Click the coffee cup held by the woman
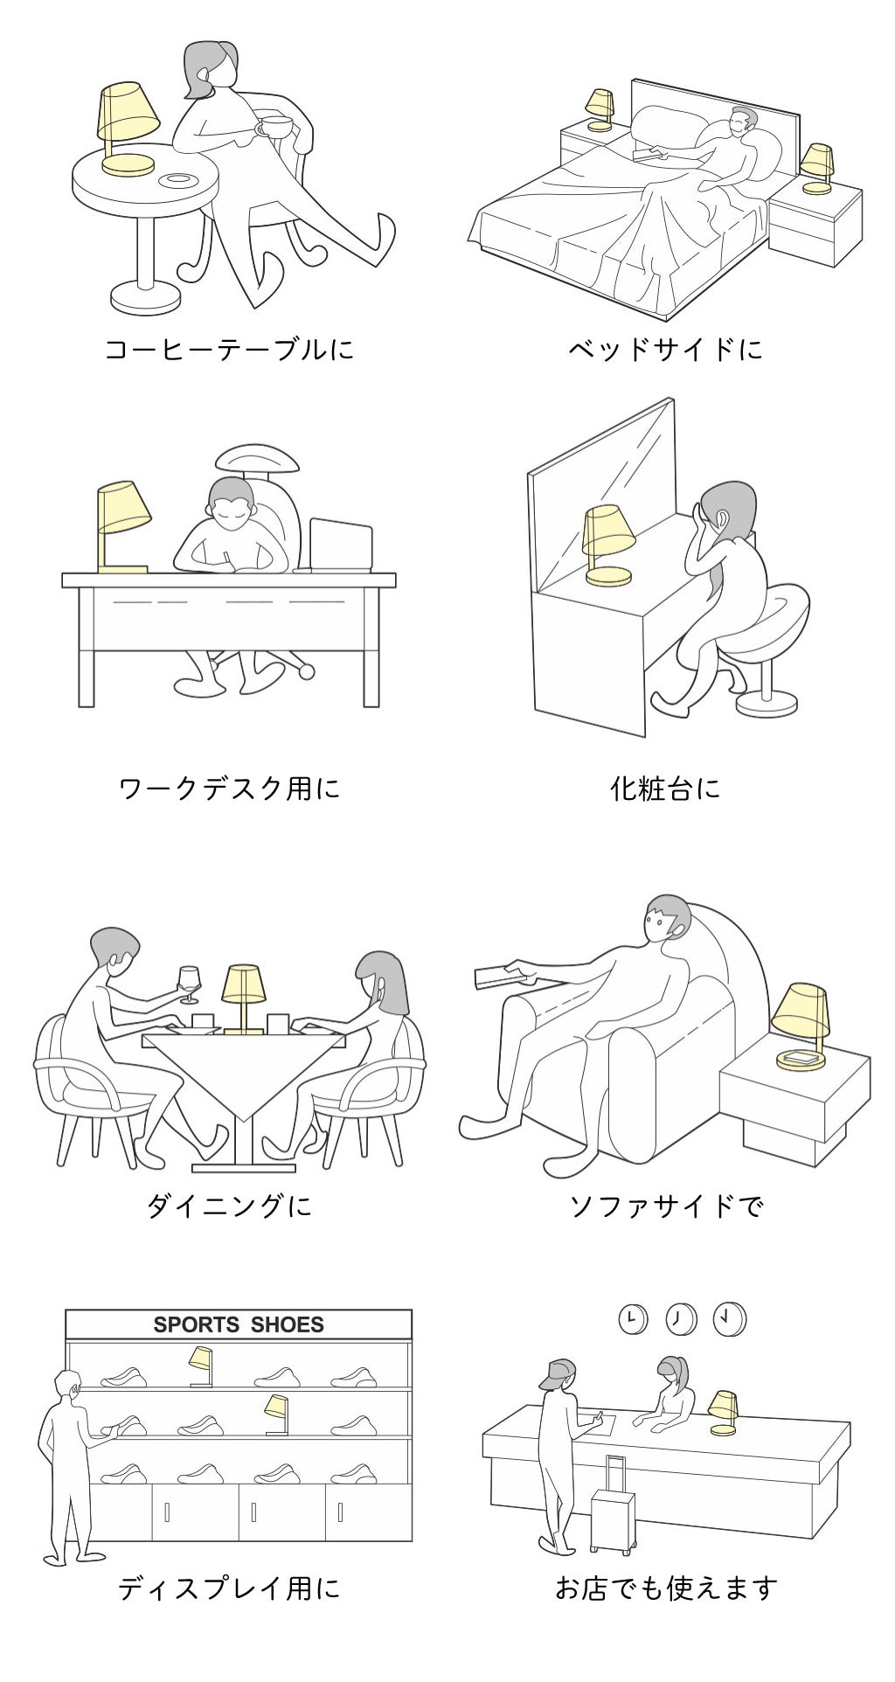[x=274, y=126]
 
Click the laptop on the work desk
[x=340, y=546]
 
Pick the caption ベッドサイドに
[x=666, y=350]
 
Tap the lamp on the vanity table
[x=608, y=545]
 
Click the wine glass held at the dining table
[x=189, y=983]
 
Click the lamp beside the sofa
[x=801, y=1025]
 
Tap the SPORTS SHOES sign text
[x=239, y=1324]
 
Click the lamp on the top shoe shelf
[x=202, y=1366]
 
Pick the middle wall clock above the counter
[x=681, y=1318]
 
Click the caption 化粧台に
[x=666, y=789]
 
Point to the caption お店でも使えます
[x=666, y=1588]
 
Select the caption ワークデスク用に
[x=230, y=789]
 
